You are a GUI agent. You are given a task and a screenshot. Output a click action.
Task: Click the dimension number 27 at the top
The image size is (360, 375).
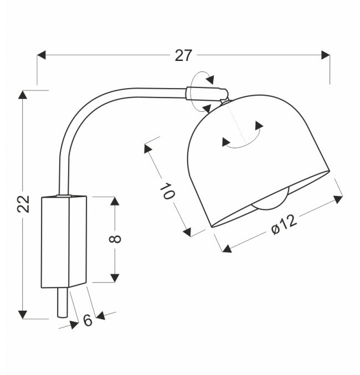pos(183,55)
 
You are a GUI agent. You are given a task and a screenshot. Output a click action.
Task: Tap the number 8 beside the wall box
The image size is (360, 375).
pos(115,239)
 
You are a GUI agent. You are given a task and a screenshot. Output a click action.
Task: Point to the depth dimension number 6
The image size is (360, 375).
pos(88,321)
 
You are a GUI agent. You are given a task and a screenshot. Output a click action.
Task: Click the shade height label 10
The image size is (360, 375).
pos(167,192)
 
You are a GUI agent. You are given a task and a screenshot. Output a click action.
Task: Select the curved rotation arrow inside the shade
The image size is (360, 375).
pos(243,138)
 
